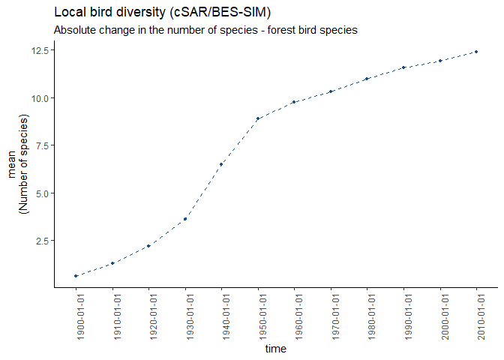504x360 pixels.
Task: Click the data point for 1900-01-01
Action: click(76, 276)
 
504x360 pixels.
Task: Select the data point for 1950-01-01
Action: click(258, 118)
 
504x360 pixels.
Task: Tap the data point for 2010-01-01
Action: click(476, 52)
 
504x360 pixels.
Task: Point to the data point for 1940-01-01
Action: click(221, 164)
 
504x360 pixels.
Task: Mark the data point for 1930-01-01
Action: click(185, 219)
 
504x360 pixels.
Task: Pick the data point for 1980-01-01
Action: click(367, 79)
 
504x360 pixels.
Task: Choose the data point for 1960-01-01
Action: click(295, 102)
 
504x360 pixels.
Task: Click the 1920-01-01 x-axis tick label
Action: click(149, 316)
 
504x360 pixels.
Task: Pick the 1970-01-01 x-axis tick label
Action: click(331, 316)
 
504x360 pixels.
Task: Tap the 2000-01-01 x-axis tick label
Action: click(440, 316)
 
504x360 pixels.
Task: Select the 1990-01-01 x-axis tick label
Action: click(404, 316)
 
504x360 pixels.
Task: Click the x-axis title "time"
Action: click(276, 349)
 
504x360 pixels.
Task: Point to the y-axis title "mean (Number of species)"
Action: click(17, 166)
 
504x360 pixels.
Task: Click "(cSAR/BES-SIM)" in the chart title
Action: click(222, 13)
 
